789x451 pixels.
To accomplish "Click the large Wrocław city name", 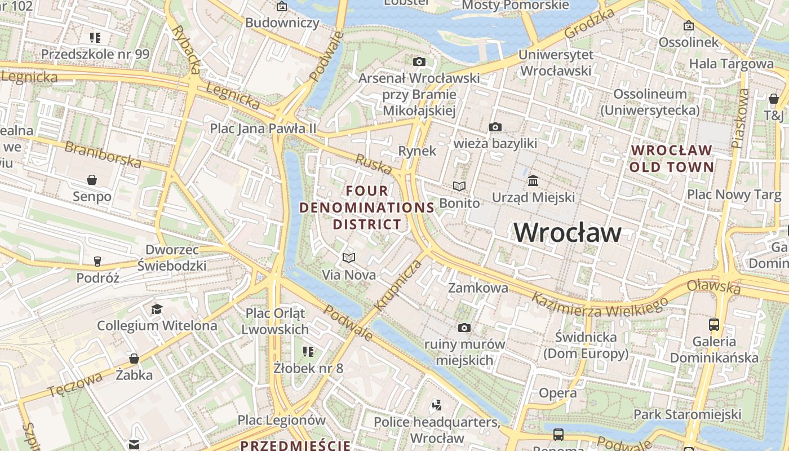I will pos(568,232).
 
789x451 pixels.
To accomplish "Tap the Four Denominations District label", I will pos(367,207).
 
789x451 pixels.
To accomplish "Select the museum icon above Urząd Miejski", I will pos(533,181).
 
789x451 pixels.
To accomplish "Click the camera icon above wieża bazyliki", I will pos(495,127).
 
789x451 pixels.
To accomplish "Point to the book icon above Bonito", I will pos(459,186).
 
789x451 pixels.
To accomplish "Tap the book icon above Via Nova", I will pos(349,258).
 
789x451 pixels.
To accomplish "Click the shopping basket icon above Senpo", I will pos(92,180).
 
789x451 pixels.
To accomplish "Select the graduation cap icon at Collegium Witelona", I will pos(157,309).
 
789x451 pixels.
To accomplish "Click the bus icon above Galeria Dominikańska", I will pos(713,325).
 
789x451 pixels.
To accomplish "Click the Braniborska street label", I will pos(103,154).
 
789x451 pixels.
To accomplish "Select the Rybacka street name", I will pos(187,49).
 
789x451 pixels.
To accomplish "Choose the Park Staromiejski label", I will pos(687,414).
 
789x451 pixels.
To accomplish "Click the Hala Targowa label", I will pos(732,64).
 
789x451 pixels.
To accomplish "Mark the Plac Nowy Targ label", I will pos(734,195).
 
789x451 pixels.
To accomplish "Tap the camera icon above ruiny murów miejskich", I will pos(464,328).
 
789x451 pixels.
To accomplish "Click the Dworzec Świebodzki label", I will pos(172,257).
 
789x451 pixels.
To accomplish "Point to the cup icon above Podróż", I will pos(97,262).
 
